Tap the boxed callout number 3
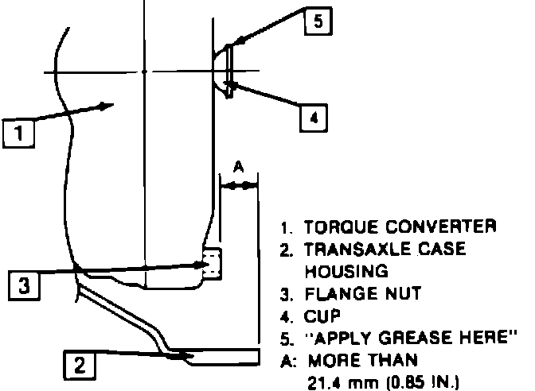[x=25, y=284]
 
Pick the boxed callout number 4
[x=314, y=118]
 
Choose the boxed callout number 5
[x=317, y=22]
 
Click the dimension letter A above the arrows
[x=237, y=168]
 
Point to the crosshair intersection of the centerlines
[x=144, y=72]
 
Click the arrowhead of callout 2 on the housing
[x=180, y=356]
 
